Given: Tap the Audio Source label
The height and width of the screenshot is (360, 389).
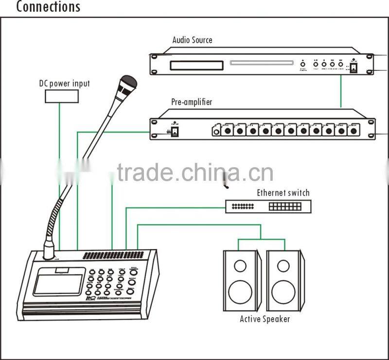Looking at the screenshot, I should tap(193, 40).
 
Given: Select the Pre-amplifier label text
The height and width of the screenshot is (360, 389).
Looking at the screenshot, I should tap(192, 103).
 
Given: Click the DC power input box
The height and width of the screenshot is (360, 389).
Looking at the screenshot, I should tap(62, 96).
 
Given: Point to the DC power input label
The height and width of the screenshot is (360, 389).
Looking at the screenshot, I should tap(65, 83).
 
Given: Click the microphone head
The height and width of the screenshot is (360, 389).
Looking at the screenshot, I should tap(128, 83).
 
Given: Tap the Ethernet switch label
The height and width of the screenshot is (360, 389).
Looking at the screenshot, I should tap(283, 193).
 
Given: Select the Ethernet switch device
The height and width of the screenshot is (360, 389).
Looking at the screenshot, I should tap(268, 206).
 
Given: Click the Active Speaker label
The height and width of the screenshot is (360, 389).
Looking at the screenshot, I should tap(265, 319).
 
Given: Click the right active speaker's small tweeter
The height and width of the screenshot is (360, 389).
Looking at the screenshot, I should tap(283, 266).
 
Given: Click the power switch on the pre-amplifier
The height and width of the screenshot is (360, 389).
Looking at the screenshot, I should tap(171, 131).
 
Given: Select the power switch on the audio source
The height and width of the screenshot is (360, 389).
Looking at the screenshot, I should tap(354, 69).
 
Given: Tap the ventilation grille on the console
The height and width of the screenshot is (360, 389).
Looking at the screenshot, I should tap(113, 255).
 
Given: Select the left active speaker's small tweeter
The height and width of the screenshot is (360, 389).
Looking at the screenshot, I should tap(240, 266).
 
